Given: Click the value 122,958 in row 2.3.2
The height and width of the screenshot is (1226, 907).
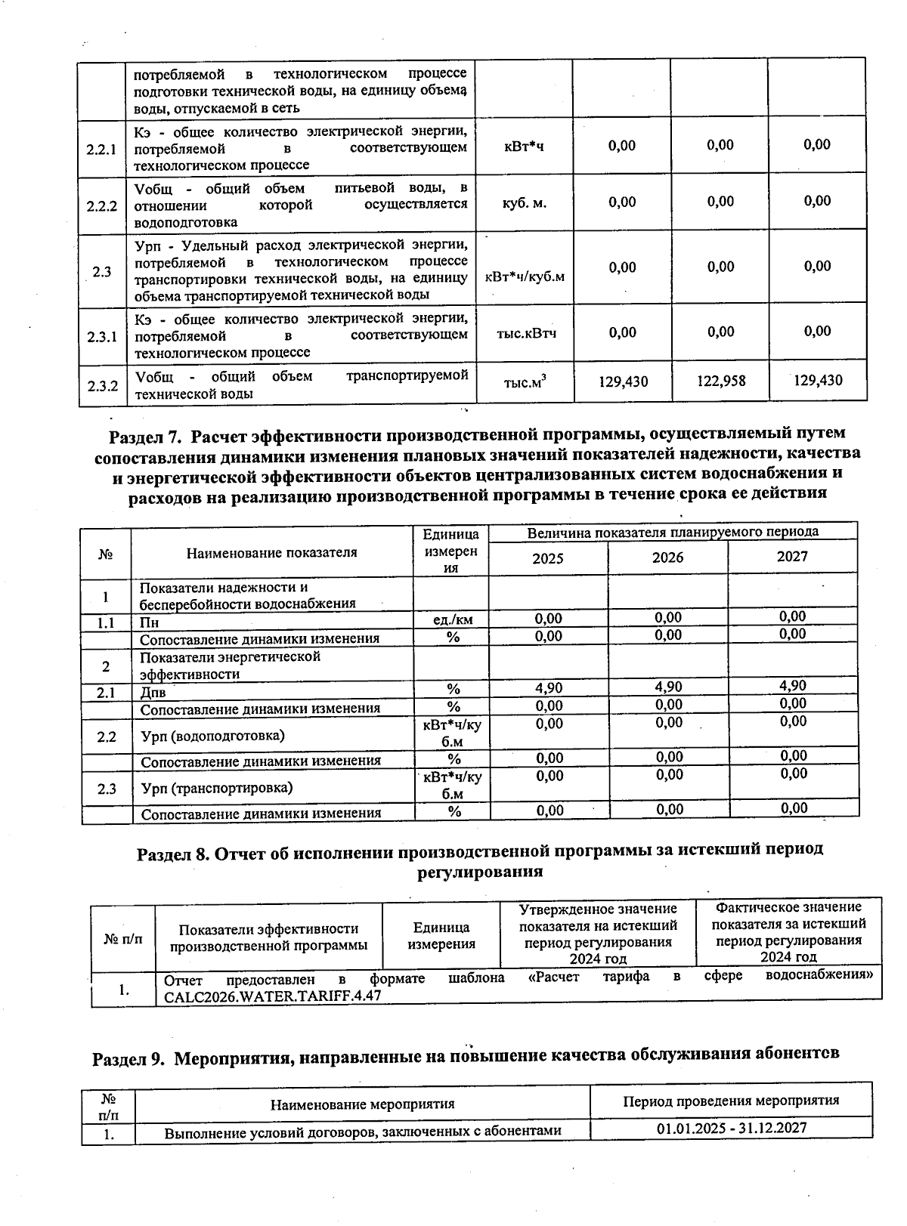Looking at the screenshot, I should pos(720,381).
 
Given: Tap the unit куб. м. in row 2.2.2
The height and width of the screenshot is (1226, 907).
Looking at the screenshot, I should pos(524,203).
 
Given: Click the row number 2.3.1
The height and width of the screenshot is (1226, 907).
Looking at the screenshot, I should pos(101,336).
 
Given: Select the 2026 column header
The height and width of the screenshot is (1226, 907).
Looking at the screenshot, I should pos(667,557).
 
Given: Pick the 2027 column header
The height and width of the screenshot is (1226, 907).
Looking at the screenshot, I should pos(792,557).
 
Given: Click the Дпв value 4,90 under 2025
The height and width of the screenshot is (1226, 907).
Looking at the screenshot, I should pos(549,688).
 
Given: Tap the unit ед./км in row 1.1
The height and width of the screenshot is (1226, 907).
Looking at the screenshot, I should pos(453,620).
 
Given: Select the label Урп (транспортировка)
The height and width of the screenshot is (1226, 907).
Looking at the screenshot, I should pos(217,788).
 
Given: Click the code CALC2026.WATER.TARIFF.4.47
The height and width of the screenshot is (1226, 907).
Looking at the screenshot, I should pos(273,996).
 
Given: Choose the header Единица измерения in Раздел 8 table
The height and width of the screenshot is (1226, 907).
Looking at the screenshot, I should pos(441,935).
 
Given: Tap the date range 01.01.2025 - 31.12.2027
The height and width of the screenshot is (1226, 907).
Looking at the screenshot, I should pos(732,1128).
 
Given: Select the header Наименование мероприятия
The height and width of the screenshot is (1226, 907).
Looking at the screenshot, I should pos(363,1104).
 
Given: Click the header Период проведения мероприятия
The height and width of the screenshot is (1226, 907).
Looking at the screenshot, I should pos(730,1101).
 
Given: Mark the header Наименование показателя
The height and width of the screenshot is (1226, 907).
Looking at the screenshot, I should pos(271,552).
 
